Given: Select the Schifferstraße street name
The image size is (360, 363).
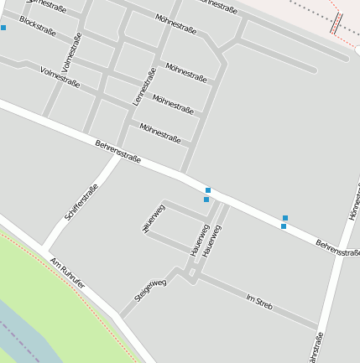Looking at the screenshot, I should click(x=81, y=202).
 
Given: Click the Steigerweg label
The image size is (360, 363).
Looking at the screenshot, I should click(x=150, y=290).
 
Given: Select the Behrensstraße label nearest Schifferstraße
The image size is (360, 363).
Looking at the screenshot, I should click(x=117, y=152).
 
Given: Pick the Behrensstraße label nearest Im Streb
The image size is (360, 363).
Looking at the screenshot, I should click(x=337, y=247).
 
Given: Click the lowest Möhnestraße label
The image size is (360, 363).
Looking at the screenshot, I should click(x=160, y=132).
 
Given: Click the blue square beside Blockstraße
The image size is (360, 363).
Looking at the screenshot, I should click(x=3, y=28).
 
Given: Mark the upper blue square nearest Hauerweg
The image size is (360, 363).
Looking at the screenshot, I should click(x=208, y=190).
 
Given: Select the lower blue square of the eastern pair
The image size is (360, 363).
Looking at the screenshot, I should click(x=284, y=226).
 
